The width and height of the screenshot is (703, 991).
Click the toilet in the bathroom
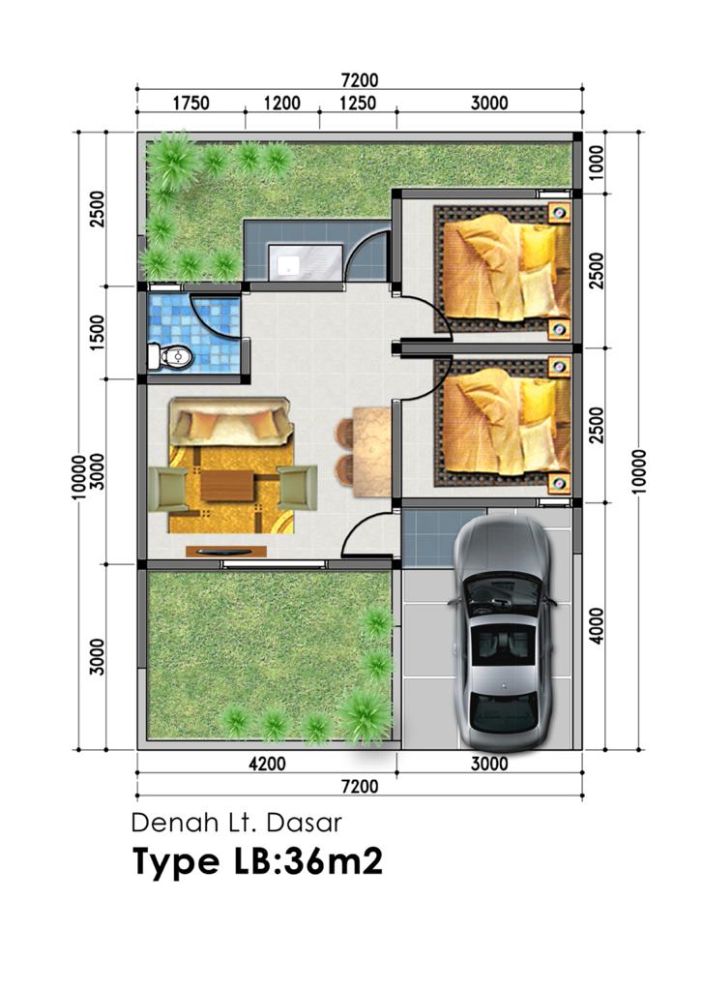169,357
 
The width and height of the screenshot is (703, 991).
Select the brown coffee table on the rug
227,486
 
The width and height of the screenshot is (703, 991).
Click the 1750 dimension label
191,103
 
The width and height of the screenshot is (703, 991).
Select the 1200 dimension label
282,103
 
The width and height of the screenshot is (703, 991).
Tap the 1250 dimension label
358,103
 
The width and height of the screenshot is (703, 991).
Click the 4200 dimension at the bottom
267,765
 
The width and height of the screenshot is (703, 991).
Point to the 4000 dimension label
597,626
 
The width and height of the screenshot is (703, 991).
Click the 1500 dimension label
97,333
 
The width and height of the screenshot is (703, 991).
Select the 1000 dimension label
597,162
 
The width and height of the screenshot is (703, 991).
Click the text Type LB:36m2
258,861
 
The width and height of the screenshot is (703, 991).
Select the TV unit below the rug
226,552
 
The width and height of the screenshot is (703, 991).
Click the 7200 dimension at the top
360,81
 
